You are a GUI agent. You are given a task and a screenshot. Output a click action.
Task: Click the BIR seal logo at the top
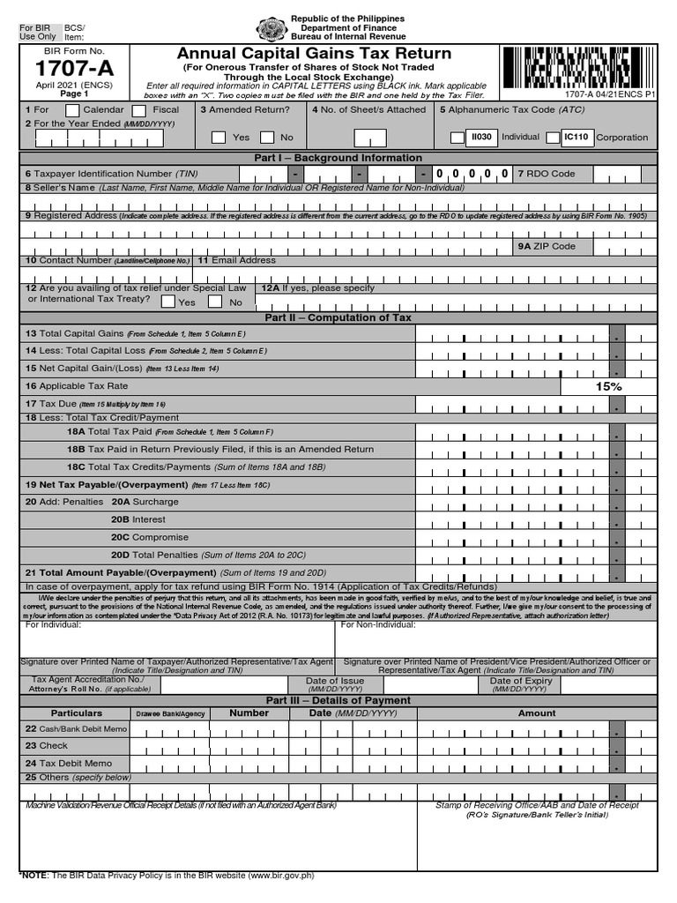tap(271, 29)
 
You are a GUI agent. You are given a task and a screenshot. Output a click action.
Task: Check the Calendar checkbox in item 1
tap(67, 110)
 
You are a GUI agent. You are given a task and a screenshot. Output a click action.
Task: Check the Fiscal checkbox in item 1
tap(139, 110)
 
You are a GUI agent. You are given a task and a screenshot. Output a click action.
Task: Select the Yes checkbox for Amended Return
tap(219, 137)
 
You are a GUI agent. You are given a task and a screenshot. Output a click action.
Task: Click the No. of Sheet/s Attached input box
tap(369, 138)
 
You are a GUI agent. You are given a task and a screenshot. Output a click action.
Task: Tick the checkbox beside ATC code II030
tap(458, 138)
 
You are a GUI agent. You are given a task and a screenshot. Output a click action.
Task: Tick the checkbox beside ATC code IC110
tap(553, 138)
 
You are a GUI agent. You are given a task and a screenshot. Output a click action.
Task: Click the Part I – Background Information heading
tap(338, 158)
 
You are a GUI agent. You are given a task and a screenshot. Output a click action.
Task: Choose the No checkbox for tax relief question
tap(216, 302)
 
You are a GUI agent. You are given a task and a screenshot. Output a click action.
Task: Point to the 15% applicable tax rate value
tap(608, 386)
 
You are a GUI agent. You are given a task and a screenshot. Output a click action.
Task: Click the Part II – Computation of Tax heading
tap(338, 317)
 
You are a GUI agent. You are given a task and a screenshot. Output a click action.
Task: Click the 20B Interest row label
tap(138, 519)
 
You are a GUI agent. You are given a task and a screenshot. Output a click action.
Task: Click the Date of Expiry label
tap(521, 681)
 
